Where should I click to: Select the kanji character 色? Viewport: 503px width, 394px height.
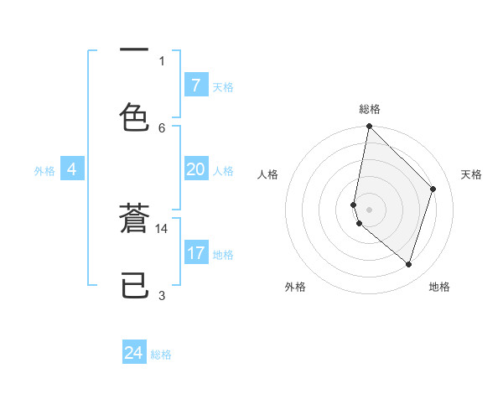click(134, 117)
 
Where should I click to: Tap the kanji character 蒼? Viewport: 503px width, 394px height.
click(134, 222)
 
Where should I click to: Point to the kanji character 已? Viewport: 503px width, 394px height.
click(134, 287)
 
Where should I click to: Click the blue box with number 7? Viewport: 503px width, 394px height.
click(195, 85)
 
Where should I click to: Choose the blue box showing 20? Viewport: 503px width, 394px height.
click(195, 169)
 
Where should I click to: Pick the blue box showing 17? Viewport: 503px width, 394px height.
click(195, 252)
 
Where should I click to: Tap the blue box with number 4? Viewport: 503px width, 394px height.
click(71, 169)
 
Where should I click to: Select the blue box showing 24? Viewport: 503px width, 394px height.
click(134, 353)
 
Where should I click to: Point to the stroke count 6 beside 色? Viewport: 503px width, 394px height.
click(162, 127)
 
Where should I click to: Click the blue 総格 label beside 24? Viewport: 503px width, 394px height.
click(161, 355)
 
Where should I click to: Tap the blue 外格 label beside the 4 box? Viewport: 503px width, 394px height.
click(44, 171)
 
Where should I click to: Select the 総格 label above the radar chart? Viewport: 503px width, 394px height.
click(369, 109)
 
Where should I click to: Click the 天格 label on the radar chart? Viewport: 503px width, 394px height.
click(471, 174)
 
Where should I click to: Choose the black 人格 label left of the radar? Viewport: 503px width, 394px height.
click(267, 174)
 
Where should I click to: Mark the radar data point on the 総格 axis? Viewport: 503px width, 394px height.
click(369, 126)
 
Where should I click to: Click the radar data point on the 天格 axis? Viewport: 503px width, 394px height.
click(433, 189)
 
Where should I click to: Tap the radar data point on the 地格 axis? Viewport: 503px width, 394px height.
click(409, 264)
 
